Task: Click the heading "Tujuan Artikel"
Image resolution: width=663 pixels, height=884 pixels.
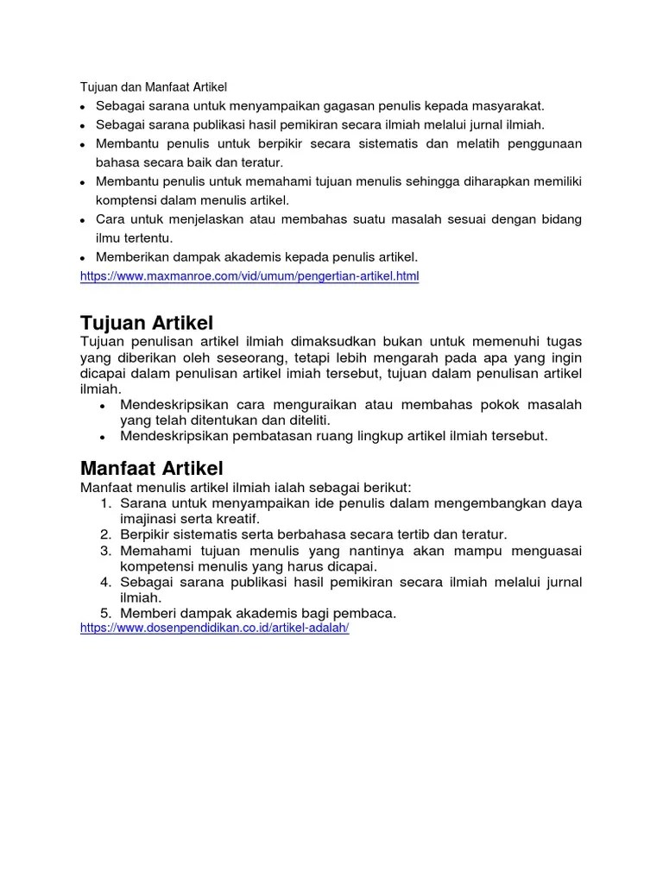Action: click(146, 323)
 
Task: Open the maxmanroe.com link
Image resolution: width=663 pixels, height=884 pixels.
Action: click(249, 277)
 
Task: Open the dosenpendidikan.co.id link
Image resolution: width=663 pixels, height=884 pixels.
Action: click(214, 628)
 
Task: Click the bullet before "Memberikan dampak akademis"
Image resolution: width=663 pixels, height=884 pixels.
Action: click(82, 257)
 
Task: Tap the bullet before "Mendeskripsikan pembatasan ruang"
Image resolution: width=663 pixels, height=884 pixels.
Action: click(103, 437)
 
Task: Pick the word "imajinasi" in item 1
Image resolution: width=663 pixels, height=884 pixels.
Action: click(149, 519)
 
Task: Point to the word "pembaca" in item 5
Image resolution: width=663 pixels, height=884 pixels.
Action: click(368, 614)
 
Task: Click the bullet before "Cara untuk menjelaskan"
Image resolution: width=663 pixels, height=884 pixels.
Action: click(82, 220)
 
